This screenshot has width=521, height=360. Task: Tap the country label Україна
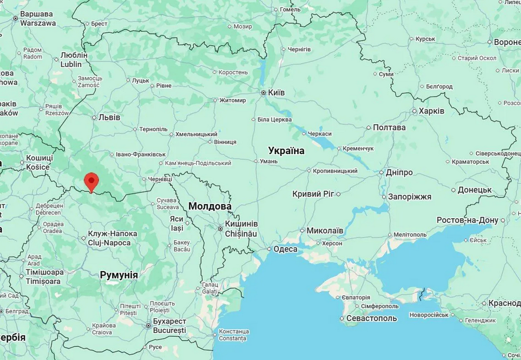(x=286, y=151)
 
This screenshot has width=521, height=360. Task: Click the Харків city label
(x=431, y=111)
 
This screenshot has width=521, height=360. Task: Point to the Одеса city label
(x=285, y=249)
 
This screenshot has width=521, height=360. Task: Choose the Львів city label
(x=109, y=118)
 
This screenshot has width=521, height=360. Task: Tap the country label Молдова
(x=210, y=206)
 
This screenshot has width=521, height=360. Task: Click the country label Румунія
(x=119, y=275)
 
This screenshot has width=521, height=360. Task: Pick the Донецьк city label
(x=474, y=190)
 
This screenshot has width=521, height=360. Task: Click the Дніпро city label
(x=398, y=172)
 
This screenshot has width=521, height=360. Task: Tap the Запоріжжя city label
(x=409, y=196)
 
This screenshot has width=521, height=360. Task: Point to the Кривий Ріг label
(x=313, y=194)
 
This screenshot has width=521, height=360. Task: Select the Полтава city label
(x=389, y=127)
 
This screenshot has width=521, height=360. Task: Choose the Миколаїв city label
(x=325, y=231)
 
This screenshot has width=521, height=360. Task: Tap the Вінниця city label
(x=225, y=142)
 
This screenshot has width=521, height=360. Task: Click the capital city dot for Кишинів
(x=220, y=228)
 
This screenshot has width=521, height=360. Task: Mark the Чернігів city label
(x=299, y=49)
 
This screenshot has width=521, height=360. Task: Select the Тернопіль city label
(x=153, y=129)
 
